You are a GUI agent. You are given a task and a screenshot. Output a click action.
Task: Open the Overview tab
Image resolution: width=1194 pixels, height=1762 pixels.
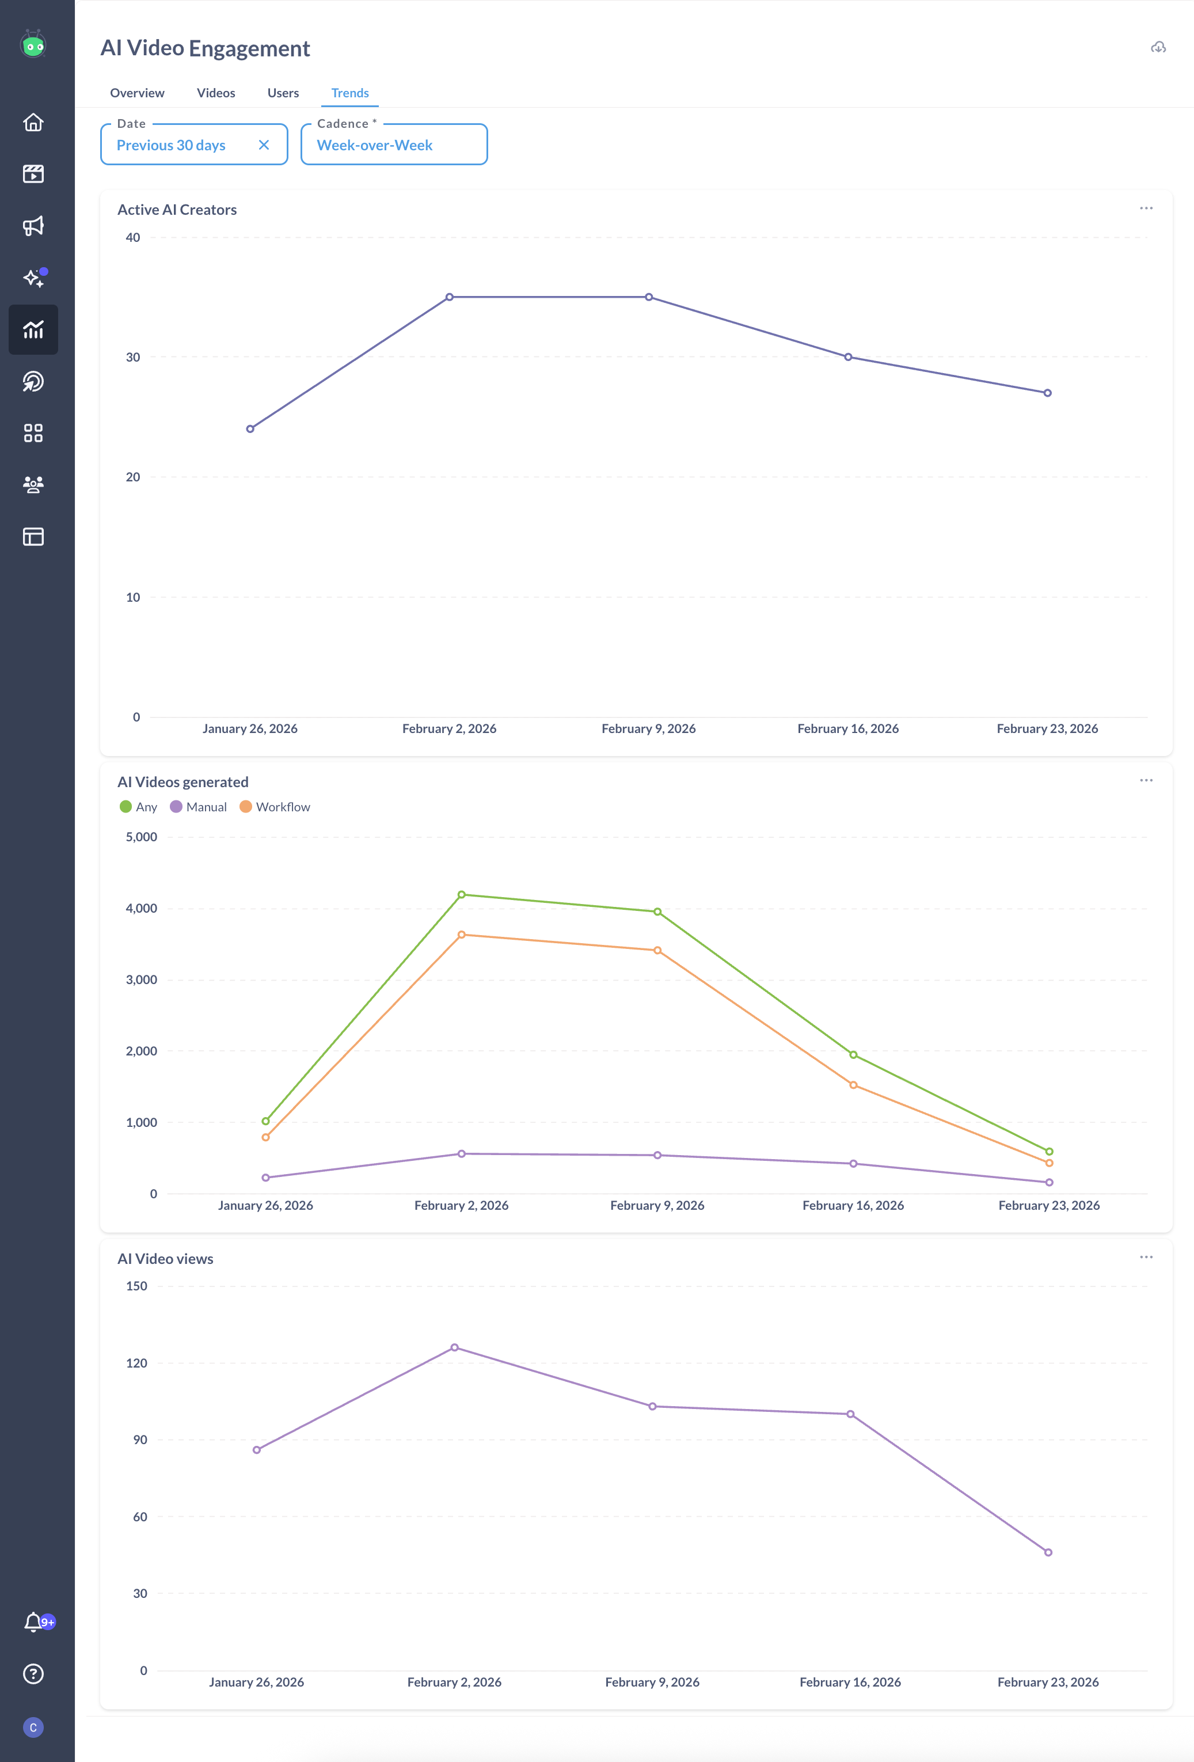coord(137,93)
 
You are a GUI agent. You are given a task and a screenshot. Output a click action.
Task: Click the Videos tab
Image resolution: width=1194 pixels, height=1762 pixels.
coord(216,93)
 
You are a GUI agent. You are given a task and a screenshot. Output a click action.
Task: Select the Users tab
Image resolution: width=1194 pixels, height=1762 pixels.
coord(283,93)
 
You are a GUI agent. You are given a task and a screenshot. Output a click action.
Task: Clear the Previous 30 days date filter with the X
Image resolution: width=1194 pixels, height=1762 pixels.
coord(264,145)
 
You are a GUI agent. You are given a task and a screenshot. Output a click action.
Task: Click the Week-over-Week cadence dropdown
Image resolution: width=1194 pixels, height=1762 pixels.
coord(393,145)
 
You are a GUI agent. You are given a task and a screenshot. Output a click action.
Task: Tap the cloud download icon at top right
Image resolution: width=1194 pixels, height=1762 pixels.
coord(1158,48)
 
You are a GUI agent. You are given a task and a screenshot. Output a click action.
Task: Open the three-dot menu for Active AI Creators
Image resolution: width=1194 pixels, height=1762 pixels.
coord(1146,208)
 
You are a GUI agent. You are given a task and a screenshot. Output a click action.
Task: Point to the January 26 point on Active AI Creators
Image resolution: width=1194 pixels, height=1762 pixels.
coord(250,429)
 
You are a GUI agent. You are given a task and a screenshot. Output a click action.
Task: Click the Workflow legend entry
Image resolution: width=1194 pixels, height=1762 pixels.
coord(275,807)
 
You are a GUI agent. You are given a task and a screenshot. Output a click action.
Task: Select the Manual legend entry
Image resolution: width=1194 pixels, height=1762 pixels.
coord(199,807)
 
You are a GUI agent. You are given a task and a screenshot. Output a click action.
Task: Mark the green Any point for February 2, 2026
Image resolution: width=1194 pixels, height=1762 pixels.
coord(461,895)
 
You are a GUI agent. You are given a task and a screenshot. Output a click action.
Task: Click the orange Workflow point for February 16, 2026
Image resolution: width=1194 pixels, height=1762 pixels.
coord(853,1085)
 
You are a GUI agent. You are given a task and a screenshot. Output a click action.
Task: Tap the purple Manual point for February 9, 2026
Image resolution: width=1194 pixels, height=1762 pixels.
coord(657,1156)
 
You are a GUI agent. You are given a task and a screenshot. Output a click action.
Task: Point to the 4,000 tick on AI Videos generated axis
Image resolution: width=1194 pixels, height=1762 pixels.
coord(141,908)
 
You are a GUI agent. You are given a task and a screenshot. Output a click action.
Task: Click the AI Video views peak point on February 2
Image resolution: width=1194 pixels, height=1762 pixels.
coord(454,1347)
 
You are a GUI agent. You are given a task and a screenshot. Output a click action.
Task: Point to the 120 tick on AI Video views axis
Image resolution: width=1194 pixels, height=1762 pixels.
coord(136,1363)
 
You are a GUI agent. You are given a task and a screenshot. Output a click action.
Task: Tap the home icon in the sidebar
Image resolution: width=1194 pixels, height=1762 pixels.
coord(33,122)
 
